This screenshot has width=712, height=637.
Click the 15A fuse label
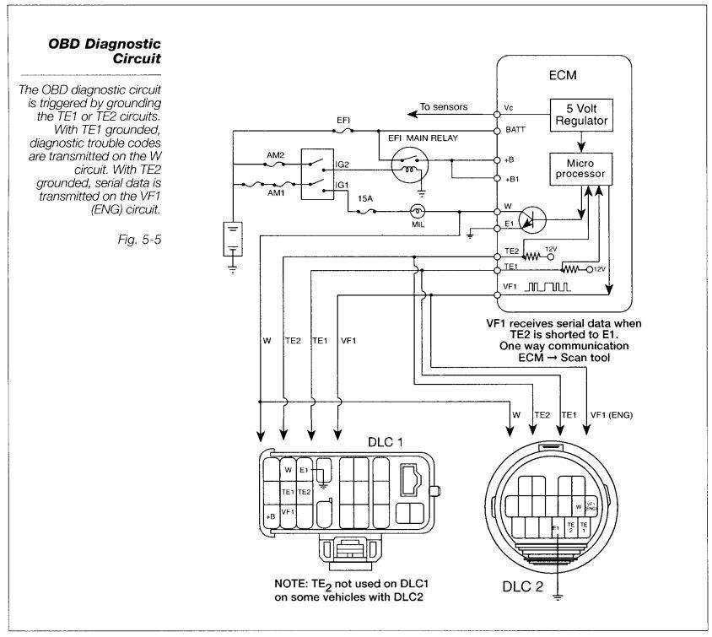[x=364, y=200]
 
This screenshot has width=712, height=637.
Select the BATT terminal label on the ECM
[x=511, y=132]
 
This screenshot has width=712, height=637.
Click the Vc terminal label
[x=508, y=108]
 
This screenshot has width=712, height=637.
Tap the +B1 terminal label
[x=510, y=180]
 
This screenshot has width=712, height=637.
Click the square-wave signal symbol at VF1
[x=549, y=289]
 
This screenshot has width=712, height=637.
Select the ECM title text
[x=564, y=74]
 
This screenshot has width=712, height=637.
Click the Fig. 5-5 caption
[x=146, y=239]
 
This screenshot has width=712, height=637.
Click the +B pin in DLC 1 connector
[x=271, y=515]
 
